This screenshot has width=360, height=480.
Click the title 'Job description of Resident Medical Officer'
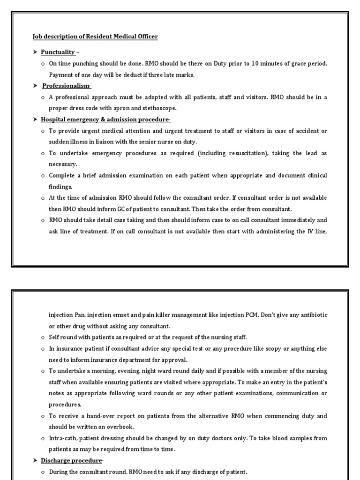click(x=95, y=37)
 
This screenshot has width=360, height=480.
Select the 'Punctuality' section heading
click(x=58, y=52)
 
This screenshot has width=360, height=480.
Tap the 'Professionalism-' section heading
click(x=67, y=86)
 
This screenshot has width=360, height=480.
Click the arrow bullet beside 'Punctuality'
click(x=35, y=52)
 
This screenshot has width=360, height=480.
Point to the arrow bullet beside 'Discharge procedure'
click(x=35, y=460)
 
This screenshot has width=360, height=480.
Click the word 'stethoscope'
click(x=161, y=108)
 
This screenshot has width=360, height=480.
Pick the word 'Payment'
click(x=60, y=75)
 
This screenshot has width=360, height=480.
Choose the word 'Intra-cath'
click(x=63, y=438)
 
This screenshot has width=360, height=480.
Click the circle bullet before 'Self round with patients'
click(x=43, y=337)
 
